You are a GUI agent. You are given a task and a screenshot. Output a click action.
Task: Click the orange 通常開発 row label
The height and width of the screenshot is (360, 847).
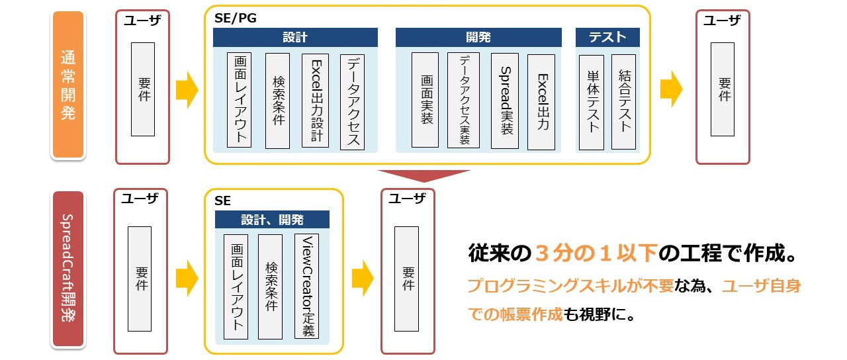pos(68,85)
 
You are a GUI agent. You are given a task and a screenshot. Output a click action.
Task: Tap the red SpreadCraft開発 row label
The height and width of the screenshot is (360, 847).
pos(68,268)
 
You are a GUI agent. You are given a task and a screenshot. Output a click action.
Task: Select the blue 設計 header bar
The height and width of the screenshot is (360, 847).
pos(295,37)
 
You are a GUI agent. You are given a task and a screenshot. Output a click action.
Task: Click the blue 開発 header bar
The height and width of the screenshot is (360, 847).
pos(478,37)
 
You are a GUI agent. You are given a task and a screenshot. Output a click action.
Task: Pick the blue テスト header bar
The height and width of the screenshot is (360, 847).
pos(607,37)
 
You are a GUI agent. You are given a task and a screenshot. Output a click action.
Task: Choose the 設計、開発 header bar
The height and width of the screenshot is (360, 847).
pos(272,220)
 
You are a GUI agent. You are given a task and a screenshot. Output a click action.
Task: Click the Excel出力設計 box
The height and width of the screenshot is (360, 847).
pos(315,100)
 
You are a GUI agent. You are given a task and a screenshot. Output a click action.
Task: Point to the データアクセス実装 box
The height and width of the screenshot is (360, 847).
pos(463,100)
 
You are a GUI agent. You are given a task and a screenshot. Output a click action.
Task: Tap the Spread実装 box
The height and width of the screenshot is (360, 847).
pos(505,100)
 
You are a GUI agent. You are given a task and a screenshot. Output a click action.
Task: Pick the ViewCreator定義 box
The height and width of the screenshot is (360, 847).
pos(306,286)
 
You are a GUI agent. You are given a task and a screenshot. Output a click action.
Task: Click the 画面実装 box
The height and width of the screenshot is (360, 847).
pos(425,100)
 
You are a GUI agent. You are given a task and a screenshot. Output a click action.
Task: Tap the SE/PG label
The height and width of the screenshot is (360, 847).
pos(235,19)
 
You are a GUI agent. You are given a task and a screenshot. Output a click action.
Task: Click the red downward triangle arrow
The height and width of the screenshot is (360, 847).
pos(423,176)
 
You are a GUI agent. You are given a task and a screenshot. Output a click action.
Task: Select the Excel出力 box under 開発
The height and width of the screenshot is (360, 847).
pos(541,101)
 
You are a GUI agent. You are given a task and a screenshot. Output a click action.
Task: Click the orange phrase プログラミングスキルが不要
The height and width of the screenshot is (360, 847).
pos(570,287)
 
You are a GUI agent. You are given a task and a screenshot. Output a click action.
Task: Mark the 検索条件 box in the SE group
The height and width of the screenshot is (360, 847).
pos(270,286)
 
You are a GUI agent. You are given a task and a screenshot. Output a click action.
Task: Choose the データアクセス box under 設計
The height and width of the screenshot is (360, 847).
pos(352,101)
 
